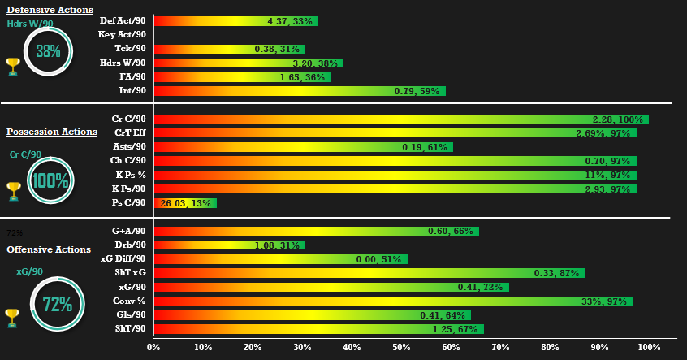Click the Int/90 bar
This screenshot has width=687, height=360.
click(299, 91)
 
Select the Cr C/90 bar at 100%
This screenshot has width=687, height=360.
click(400, 119)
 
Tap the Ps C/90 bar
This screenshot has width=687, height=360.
click(184, 202)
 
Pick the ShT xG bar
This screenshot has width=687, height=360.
click(369, 273)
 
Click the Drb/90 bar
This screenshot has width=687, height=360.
click(229, 245)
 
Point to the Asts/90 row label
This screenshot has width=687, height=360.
click(130, 147)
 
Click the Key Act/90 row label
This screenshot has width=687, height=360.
click(122, 35)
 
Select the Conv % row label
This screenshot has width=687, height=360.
click(129, 301)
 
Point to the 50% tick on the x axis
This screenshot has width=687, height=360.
click(401, 348)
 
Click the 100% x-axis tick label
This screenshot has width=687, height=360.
click(650, 348)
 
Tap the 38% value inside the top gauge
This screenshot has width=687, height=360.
click(48, 51)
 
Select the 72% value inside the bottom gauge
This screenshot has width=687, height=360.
click(58, 306)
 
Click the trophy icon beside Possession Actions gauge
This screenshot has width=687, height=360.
click(12, 190)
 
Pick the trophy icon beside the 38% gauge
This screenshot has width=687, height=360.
click(12, 65)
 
